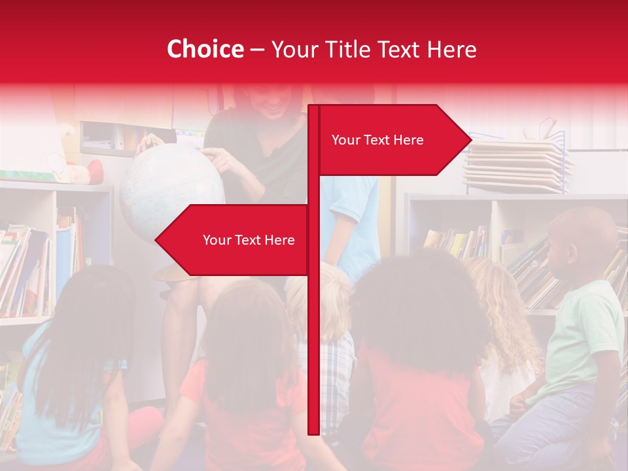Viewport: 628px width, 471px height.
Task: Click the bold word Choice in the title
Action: click(205, 49)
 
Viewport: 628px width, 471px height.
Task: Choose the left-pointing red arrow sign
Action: click(232, 240)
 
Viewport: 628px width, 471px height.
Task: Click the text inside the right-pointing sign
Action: click(377, 140)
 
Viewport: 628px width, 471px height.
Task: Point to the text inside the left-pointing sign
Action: click(249, 240)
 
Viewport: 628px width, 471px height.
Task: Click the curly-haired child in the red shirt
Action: click(419, 366)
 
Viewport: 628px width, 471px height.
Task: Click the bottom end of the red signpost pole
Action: click(313, 428)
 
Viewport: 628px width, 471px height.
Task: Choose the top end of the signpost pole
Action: click(313, 109)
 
